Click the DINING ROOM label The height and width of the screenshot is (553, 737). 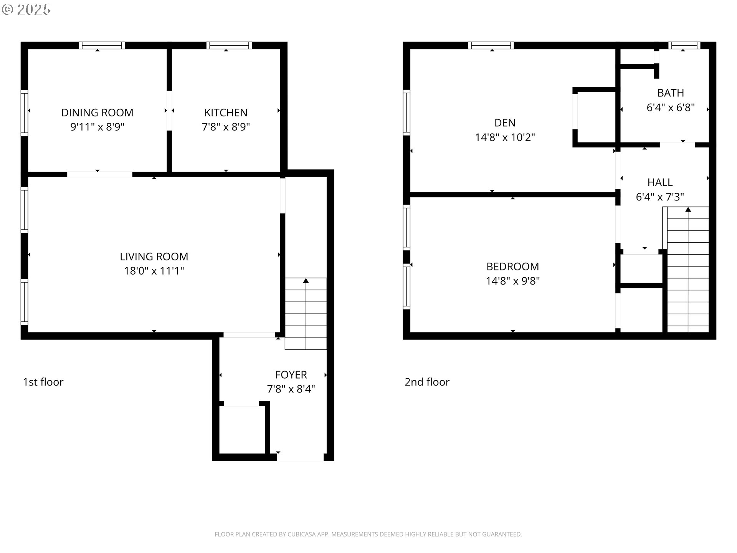[97, 113]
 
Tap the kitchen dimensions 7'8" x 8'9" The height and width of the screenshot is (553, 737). [226, 127]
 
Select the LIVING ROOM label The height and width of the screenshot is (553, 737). [154, 257]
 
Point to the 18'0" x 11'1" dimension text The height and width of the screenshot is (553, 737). [154, 271]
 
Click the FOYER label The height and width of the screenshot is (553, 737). [291, 375]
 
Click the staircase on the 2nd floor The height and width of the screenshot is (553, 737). [688, 269]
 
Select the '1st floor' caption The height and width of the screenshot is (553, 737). [43, 382]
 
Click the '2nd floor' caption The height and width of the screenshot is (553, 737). [427, 382]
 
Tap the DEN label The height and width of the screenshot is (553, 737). [505, 123]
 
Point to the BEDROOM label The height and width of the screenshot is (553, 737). [512, 267]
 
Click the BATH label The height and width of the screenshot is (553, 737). [671, 93]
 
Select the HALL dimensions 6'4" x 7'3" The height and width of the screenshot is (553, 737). [660, 197]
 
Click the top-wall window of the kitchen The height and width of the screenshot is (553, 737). [229, 45]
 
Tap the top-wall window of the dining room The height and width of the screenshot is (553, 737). [102, 45]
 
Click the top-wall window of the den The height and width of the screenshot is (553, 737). [491, 45]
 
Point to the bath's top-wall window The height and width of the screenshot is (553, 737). [684, 45]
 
